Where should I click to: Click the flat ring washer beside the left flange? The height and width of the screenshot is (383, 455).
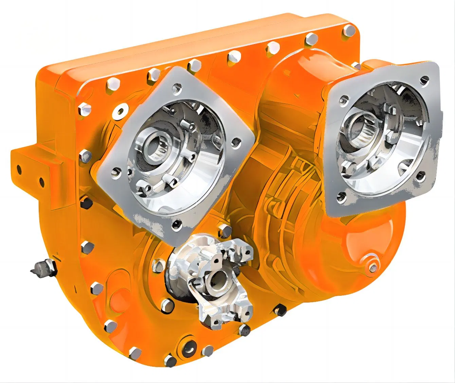(x=121, y=110)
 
